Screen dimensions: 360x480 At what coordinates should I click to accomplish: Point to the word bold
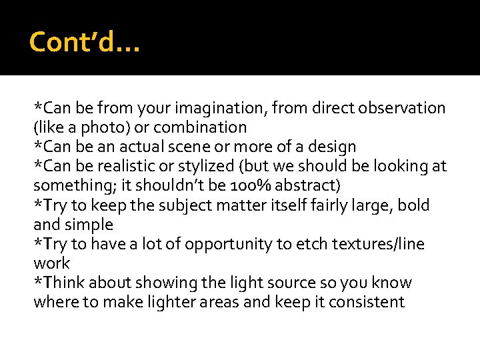click(x=413, y=205)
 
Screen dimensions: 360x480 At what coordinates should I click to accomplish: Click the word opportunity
click(x=225, y=244)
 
